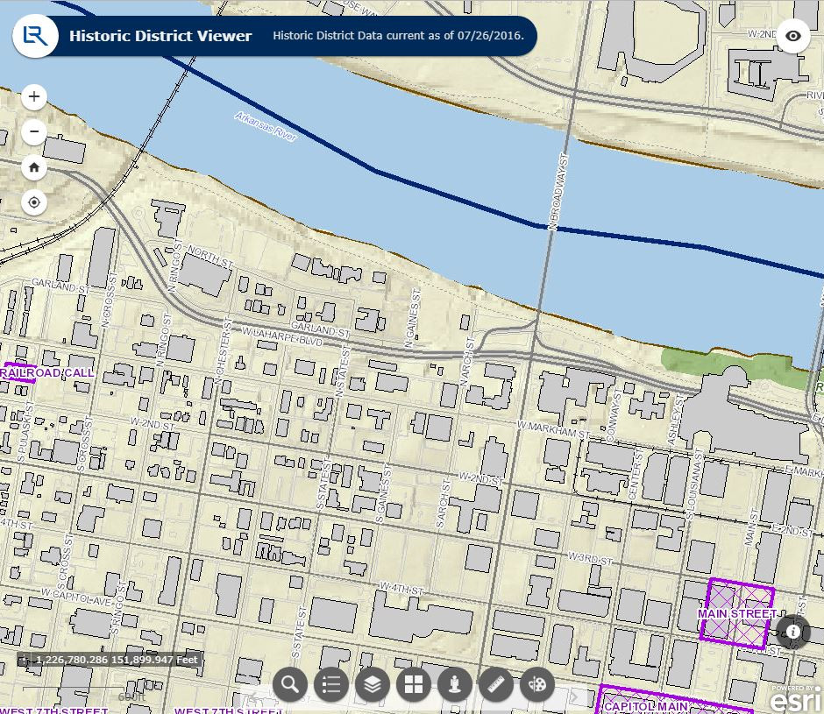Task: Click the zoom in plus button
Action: coord(34,96)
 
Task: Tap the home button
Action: coord(34,166)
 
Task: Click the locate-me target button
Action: coord(34,202)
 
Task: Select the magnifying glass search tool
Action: coord(290,684)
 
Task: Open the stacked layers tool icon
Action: coord(373,684)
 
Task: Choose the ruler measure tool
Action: coord(496,684)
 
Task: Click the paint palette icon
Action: coord(537,684)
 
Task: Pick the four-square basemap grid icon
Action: coord(414,684)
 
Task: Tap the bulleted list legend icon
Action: coord(331,684)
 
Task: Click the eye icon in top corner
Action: coord(793,36)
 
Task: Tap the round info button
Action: coord(793,631)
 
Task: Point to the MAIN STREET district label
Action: coord(737,613)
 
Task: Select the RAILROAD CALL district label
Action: coord(48,372)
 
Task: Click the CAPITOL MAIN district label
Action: coord(647,706)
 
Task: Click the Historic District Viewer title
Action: coord(160,37)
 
